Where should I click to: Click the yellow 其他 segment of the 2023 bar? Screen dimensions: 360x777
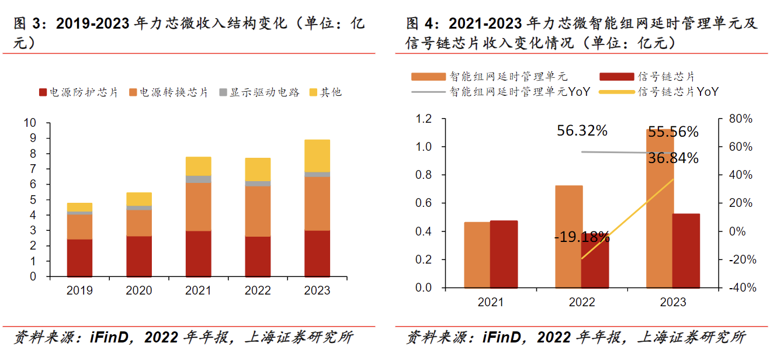click(317, 156)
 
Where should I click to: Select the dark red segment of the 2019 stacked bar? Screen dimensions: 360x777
click(79, 258)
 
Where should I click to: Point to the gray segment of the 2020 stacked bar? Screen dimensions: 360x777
click(139, 208)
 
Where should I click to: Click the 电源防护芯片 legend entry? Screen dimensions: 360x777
click(78, 92)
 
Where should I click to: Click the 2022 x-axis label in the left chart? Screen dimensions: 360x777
click(257, 290)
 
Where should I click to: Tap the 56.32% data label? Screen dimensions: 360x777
click(582, 131)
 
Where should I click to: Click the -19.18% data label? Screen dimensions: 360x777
click(582, 237)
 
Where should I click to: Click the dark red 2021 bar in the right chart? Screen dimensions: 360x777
click(504, 254)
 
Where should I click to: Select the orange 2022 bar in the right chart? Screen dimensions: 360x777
click(568, 237)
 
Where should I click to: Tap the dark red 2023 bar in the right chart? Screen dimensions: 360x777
click(685, 251)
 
